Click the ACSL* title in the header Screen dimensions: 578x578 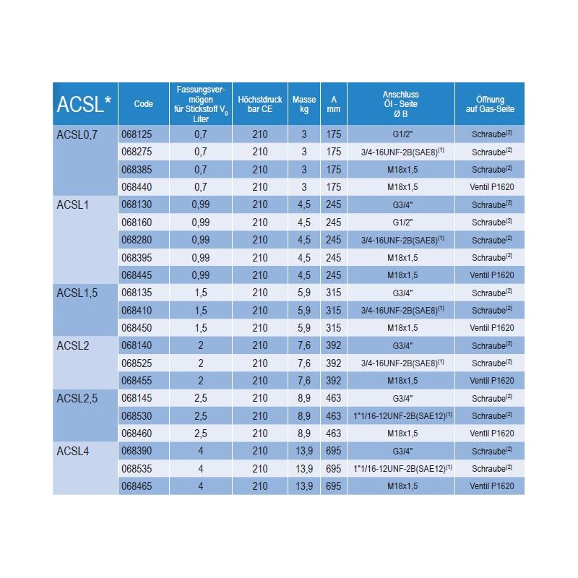point(84,104)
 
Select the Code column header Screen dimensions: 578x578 point(143,104)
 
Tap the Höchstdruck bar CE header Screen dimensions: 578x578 point(260,104)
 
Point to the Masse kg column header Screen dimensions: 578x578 point(304,104)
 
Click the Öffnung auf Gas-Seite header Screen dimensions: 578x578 point(490,104)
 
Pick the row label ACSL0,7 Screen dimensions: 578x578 point(77,134)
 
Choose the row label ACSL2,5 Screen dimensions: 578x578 point(77,399)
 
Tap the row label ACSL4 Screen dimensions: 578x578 point(73,451)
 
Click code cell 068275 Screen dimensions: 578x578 point(137,152)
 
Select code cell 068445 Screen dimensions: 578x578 point(137,275)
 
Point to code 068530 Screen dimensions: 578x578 point(137,416)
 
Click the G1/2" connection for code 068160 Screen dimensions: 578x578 point(402,223)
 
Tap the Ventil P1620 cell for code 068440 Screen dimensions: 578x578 point(492,187)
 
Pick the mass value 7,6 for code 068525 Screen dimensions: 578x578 point(304,363)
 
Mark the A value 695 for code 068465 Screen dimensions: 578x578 point(334,486)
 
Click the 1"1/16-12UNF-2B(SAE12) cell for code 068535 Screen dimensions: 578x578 point(402,468)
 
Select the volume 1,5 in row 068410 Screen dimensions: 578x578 point(201,311)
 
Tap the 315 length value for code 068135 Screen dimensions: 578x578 point(334,293)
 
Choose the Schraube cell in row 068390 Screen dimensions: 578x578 point(492,451)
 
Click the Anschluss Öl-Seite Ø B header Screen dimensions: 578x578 point(401,104)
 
